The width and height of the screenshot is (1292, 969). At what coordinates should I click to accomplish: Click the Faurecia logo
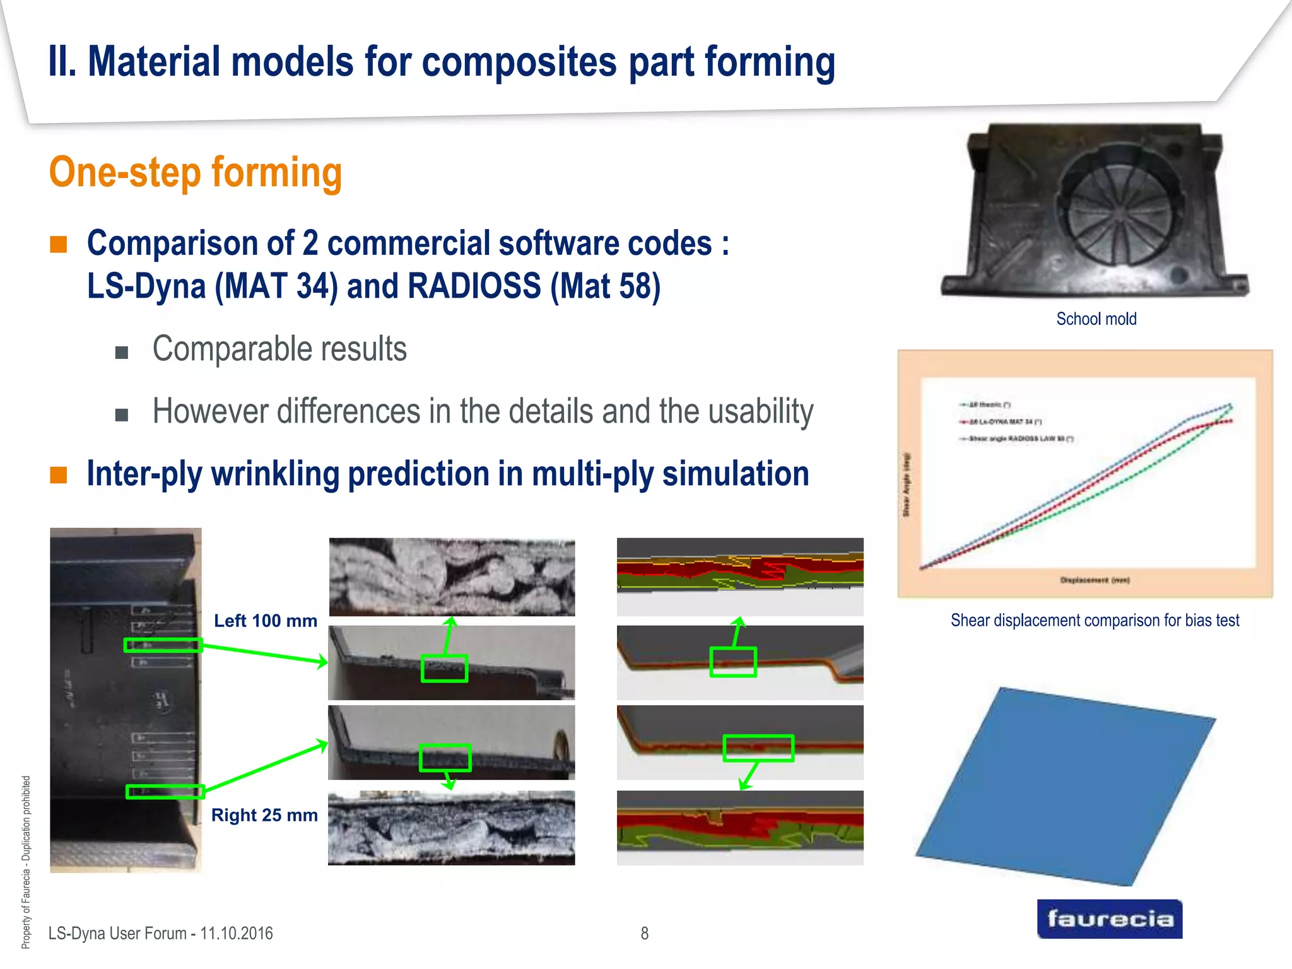(x=1109, y=919)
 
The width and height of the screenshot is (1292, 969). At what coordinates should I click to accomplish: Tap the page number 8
(x=644, y=933)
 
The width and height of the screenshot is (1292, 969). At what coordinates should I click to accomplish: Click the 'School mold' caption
(x=1096, y=319)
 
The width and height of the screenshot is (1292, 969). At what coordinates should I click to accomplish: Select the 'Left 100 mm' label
(x=265, y=621)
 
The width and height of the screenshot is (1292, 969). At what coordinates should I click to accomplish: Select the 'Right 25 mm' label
(x=264, y=815)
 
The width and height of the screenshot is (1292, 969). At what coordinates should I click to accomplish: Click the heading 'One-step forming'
(x=196, y=173)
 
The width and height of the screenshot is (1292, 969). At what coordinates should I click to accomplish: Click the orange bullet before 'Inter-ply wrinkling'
(x=59, y=474)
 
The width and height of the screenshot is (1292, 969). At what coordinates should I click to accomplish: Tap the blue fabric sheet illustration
(x=1066, y=785)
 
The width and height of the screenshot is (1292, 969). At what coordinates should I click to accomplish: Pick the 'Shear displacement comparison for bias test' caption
(x=1095, y=620)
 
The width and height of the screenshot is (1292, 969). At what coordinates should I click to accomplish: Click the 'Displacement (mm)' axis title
(x=1095, y=580)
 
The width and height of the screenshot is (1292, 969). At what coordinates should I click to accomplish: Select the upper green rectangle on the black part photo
(x=163, y=645)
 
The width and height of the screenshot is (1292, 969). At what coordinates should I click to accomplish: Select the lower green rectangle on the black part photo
(x=165, y=791)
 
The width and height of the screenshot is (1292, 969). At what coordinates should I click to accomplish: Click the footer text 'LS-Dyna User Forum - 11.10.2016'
(x=160, y=933)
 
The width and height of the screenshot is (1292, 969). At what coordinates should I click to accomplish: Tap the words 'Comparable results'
(x=279, y=349)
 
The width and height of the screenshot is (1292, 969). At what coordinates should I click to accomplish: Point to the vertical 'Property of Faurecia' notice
(x=26, y=861)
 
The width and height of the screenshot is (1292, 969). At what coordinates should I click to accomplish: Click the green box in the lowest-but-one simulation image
(x=758, y=748)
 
